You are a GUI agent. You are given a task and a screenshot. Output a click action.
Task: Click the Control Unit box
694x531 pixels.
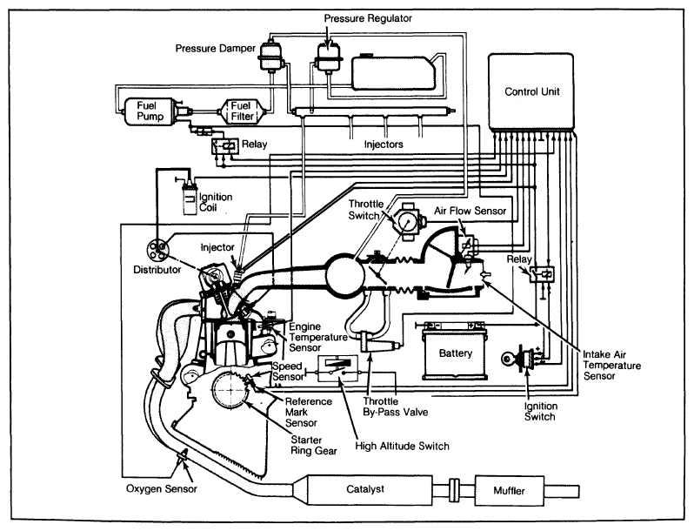[532, 91]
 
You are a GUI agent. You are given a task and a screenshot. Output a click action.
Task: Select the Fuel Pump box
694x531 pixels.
[141, 111]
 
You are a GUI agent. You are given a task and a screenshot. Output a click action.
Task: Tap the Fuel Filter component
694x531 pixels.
[241, 111]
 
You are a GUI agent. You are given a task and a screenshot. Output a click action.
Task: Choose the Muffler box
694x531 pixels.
[513, 493]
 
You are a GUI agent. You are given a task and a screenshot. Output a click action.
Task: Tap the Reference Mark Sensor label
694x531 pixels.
[307, 410]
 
